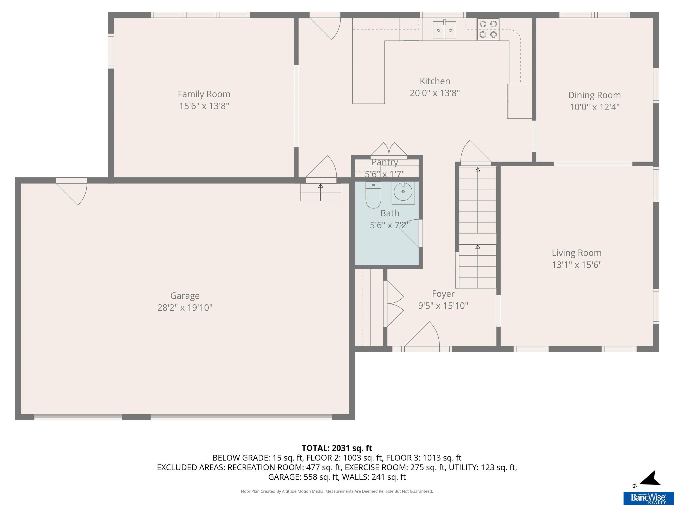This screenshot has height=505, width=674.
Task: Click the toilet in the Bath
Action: point(373,195)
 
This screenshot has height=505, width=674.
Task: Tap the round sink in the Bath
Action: point(403,192)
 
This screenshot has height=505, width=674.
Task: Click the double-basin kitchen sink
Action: point(445,30)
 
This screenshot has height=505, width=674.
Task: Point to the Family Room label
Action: point(204,94)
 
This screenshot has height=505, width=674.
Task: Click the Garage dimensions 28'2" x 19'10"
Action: point(185,308)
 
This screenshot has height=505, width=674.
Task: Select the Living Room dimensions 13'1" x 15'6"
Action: point(577,265)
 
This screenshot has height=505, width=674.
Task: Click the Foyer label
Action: point(443,294)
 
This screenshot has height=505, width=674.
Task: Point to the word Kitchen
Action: point(435,81)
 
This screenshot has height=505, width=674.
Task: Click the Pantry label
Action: point(385,162)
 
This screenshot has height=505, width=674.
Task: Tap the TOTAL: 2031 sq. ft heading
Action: point(337,448)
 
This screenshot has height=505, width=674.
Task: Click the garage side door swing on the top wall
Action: point(72,192)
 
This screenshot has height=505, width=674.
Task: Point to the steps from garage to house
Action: point(321,193)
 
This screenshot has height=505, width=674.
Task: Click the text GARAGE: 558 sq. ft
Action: point(303,477)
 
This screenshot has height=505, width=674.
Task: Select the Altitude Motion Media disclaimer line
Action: point(337,491)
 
